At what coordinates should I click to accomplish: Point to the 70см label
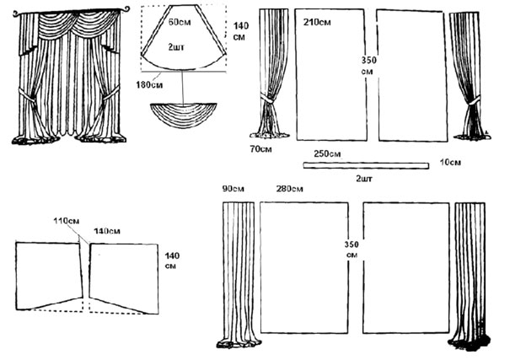coord(262,150)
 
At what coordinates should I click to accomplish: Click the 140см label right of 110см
coord(107,230)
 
